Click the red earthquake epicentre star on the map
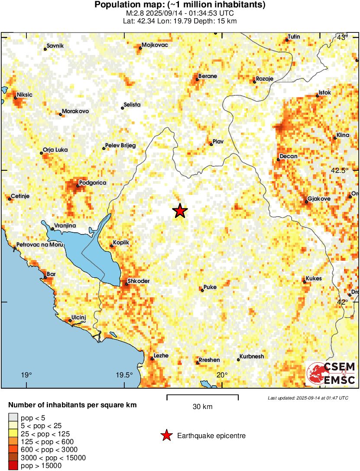point(180,211)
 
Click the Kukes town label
point(314,279)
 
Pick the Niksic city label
point(25,94)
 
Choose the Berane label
point(208,76)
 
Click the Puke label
point(210,287)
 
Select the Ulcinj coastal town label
point(79,317)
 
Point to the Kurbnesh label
point(252,356)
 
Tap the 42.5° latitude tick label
point(340,170)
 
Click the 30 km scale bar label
point(202,407)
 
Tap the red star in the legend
point(166,435)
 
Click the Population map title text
point(180,5)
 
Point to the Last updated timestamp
point(308,398)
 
